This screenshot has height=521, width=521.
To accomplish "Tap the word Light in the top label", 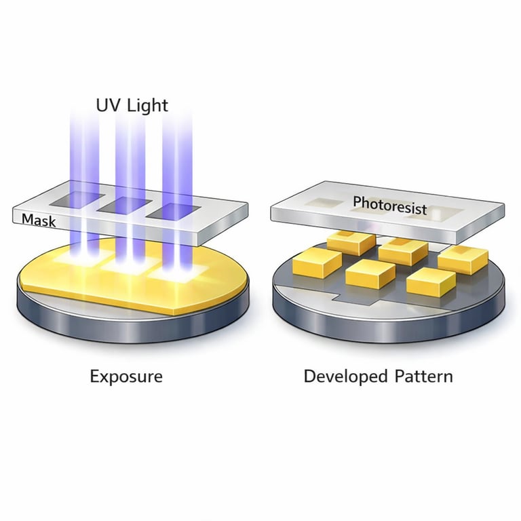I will [x=145, y=105].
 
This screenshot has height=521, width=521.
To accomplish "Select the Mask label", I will [x=38, y=219].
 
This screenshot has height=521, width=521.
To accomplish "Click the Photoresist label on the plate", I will [x=389, y=204].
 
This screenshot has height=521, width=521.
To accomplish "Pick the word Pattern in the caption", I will [x=424, y=375].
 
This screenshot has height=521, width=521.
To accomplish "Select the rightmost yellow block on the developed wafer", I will [x=463, y=258].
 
